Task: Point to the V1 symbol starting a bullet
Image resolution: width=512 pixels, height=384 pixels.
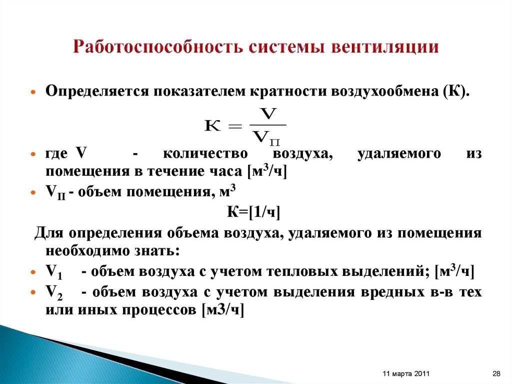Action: (x=53, y=272)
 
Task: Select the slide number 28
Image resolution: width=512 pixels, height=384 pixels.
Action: (x=496, y=373)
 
